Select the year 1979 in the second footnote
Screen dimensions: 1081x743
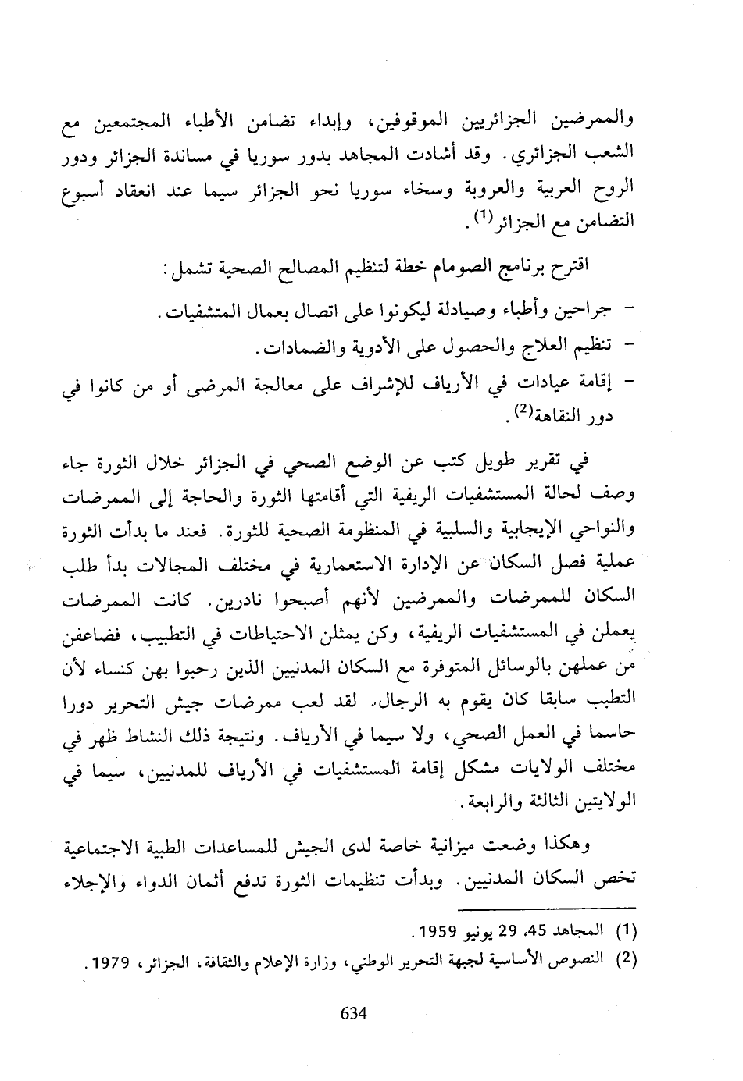111,961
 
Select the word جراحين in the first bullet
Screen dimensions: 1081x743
582,311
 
